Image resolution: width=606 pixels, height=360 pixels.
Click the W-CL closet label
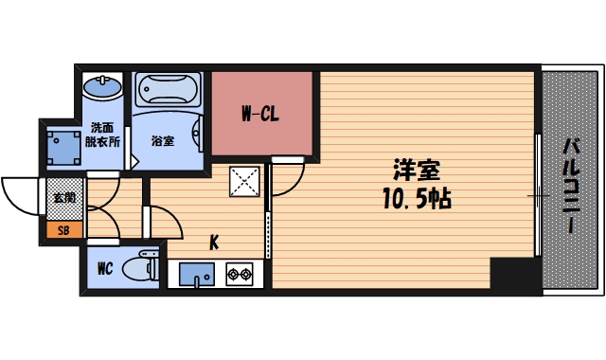point(258,116)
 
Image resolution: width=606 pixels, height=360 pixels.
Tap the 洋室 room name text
point(417,171)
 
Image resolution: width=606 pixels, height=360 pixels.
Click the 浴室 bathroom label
point(163,141)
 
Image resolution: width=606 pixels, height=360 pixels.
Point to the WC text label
point(105,268)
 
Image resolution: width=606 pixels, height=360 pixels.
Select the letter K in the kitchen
point(214,243)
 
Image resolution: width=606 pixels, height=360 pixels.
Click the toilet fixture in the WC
point(145,266)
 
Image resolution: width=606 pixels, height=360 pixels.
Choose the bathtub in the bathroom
point(169,91)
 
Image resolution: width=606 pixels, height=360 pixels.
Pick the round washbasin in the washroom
point(102,88)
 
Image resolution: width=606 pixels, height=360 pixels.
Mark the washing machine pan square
point(64,147)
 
